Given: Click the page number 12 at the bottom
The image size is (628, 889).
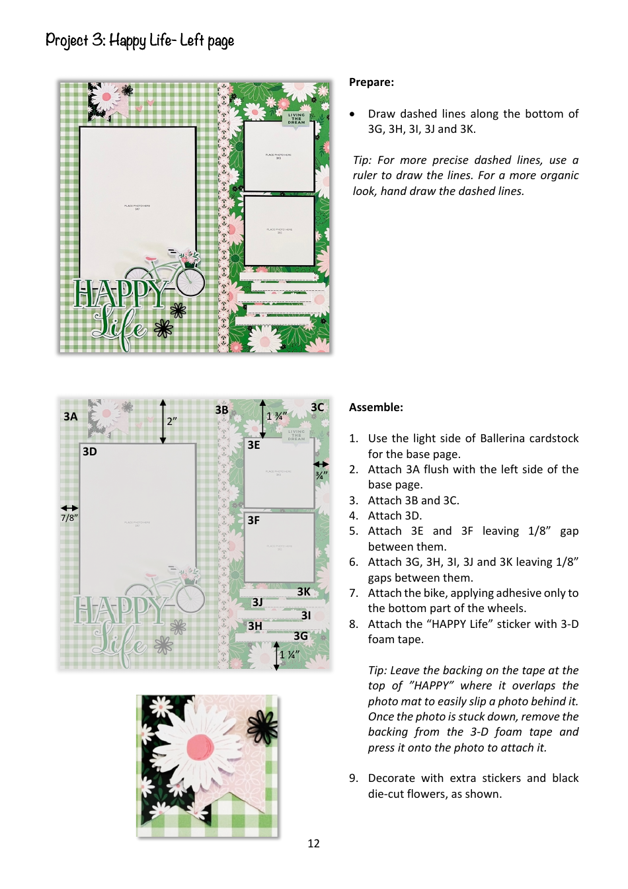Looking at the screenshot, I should click(313, 843).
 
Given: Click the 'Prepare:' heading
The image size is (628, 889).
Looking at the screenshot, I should click(371, 82).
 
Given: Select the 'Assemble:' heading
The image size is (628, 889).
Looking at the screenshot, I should click(375, 407).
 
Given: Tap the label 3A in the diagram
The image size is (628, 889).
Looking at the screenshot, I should click(71, 416).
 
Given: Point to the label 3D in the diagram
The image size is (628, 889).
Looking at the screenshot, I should click(90, 451).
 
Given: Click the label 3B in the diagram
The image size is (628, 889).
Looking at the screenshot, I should click(221, 410).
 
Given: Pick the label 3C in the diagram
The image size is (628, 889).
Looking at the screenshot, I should click(317, 407).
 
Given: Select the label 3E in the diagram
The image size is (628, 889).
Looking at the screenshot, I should click(253, 445).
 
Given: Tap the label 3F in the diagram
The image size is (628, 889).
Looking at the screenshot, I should click(253, 520).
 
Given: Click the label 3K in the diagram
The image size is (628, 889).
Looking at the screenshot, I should click(303, 592).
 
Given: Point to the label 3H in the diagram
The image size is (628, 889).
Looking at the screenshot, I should click(255, 626).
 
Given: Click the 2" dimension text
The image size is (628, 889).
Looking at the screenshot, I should click(172, 421).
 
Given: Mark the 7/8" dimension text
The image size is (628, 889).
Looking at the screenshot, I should click(69, 518).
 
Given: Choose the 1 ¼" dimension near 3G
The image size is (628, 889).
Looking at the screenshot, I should click(289, 655).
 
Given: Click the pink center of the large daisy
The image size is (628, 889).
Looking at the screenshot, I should click(200, 748).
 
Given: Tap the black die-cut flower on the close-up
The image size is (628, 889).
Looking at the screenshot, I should click(262, 727).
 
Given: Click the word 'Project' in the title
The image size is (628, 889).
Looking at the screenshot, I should click(66, 40).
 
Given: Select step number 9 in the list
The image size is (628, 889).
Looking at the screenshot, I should click(354, 778).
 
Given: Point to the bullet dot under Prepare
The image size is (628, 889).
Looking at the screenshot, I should click(352, 114).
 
